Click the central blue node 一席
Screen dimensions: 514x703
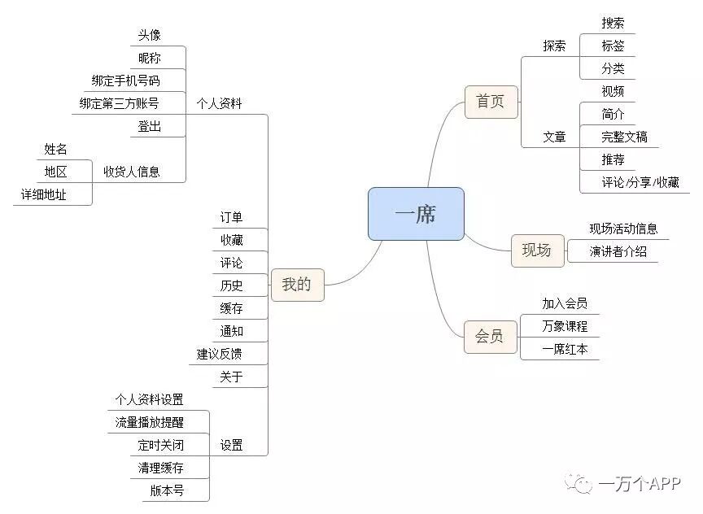pos(416,214)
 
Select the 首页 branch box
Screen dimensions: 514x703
pos(491,102)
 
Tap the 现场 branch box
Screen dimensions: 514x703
pos(536,250)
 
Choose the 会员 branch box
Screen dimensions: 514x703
pos(490,336)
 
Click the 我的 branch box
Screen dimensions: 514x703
pos(297,285)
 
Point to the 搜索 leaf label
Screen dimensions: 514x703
pos(613,23)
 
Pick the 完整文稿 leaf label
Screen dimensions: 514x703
pos(624,137)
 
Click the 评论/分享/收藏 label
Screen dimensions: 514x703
pos(640,182)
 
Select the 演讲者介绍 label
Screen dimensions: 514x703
pos(618,251)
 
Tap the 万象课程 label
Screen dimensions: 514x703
pos(565,326)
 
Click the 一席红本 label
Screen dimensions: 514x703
pos(565,349)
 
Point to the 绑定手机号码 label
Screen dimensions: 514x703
pos(126,81)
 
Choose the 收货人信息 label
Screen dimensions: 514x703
pos(131,172)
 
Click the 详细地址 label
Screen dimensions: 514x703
pos(44,194)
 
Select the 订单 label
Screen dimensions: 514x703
pos(231,217)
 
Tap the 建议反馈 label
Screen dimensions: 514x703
pos(219,354)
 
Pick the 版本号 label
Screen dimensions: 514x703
pos(167,490)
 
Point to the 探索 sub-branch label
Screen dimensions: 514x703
pos(554,46)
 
